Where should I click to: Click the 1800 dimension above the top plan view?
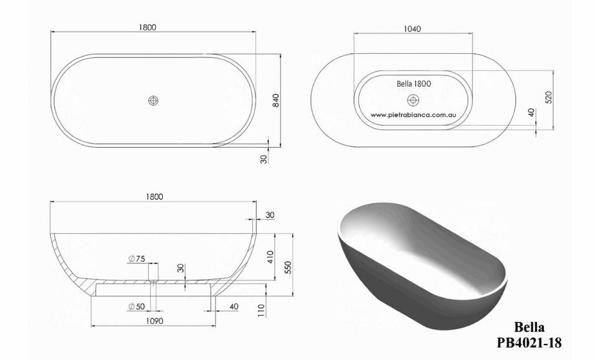tap(148, 27)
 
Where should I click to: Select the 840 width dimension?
tap(276, 101)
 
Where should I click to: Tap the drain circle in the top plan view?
tap(153, 101)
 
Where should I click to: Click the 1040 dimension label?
tap(412, 29)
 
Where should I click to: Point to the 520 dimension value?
tap(548, 97)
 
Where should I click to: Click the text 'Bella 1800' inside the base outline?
tap(414, 84)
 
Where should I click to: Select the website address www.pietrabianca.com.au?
tap(413, 115)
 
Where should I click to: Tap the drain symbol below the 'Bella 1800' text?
tap(413, 101)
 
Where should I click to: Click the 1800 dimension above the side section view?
tap(155, 197)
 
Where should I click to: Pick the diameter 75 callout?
tap(137, 259)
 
